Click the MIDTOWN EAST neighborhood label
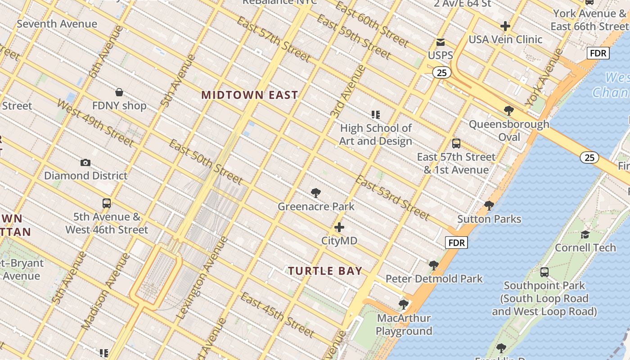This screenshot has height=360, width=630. point(249,95)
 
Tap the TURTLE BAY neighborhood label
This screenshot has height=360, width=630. point(325,271)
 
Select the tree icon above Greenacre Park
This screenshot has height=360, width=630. point(316,193)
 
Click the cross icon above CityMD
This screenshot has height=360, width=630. point(339,228)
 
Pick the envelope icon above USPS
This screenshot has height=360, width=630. point(441,42)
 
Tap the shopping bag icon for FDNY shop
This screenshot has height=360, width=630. point(119,92)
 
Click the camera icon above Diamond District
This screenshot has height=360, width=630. point(85,162)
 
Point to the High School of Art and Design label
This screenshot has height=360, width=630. point(376,135)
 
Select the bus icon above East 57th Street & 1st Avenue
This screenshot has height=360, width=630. point(456,144)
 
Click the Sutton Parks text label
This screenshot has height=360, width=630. point(489,219)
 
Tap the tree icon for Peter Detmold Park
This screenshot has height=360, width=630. point(434,265)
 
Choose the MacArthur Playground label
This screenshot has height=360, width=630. point(404,325)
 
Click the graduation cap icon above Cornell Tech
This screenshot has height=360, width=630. point(585,234)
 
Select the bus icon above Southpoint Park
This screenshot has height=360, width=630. point(544,272)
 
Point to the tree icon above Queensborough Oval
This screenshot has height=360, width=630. point(509,110)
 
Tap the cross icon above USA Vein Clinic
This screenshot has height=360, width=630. point(505,26)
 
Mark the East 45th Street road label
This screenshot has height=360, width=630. point(277,315)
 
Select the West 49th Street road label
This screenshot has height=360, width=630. point(95,122)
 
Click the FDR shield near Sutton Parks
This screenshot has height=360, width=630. point(456,243)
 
